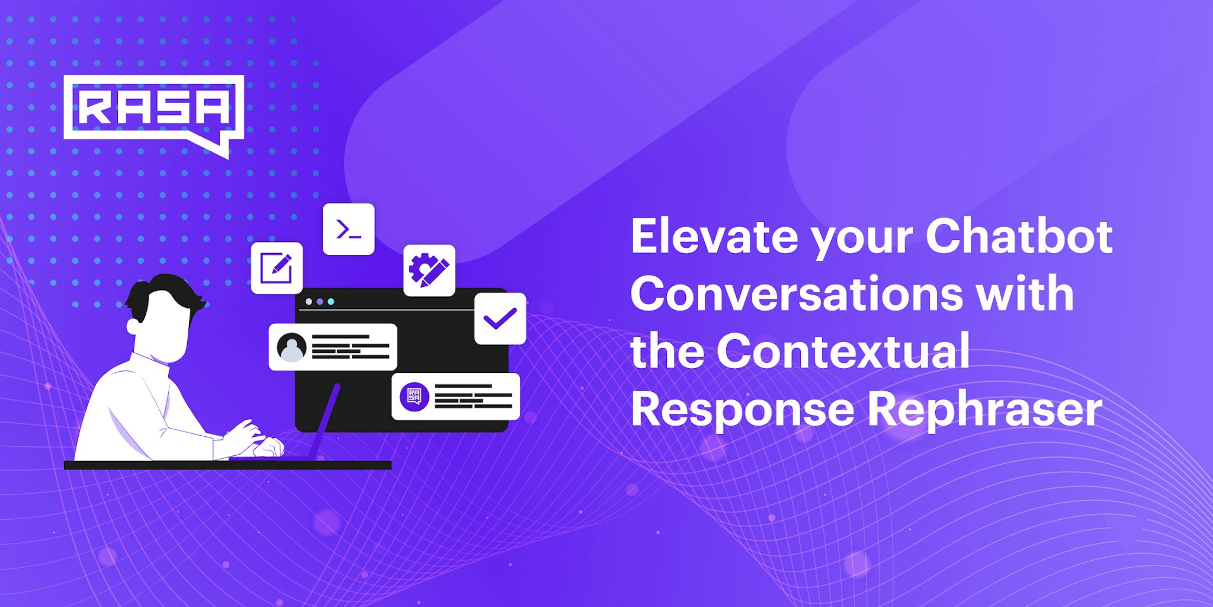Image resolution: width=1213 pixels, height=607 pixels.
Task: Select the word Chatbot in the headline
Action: click(x=1019, y=237)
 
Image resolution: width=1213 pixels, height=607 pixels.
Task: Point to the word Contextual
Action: click(x=843, y=351)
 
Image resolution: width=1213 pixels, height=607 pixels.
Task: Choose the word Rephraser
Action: click(x=984, y=410)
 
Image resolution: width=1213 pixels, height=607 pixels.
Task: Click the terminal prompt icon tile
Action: click(x=348, y=229)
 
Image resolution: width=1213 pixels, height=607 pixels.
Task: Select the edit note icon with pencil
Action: click(x=277, y=268)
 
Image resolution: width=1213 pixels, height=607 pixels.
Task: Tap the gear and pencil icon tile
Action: click(x=429, y=270)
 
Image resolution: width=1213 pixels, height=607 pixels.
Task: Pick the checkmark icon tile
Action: click(x=500, y=319)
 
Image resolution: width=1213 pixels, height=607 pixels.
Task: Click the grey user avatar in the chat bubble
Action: click(x=291, y=347)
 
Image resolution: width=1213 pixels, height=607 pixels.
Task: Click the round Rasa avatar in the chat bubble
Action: click(x=415, y=397)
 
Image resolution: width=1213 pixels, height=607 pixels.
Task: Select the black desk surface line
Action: click(x=227, y=465)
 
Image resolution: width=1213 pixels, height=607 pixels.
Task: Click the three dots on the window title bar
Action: click(x=320, y=302)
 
